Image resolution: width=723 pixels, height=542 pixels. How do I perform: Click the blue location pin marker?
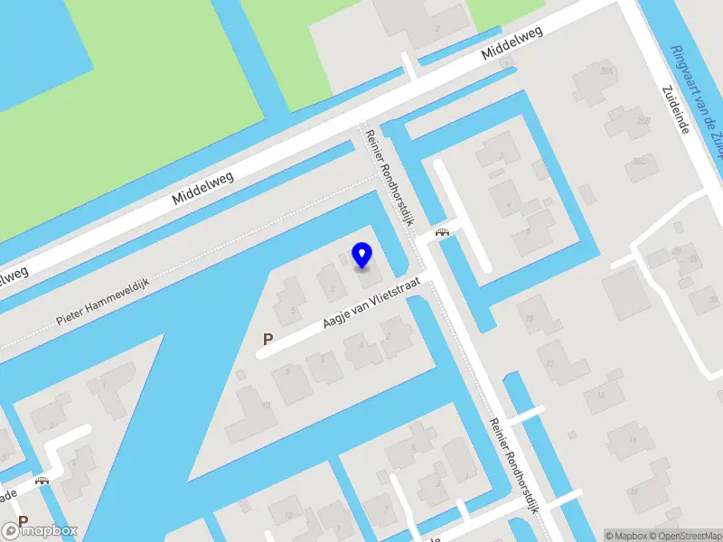[x=362, y=255]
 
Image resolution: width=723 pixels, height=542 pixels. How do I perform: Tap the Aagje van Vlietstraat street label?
[x=370, y=314]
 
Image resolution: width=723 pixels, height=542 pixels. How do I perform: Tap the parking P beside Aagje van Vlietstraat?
[x=267, y=340]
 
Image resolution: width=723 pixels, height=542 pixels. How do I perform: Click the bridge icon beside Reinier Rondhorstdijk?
[x=442, y=232]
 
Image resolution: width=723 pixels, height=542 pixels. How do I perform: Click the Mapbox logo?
[x=41, y=531]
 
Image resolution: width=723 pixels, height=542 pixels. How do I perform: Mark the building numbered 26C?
[x=640, y=163]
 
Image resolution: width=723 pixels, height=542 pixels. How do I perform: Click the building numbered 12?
[x=551, y=361]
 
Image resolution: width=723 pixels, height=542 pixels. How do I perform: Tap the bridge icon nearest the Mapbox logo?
[x=42, y=481]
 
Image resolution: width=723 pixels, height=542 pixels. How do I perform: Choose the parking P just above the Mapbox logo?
[x=23, y=522]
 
